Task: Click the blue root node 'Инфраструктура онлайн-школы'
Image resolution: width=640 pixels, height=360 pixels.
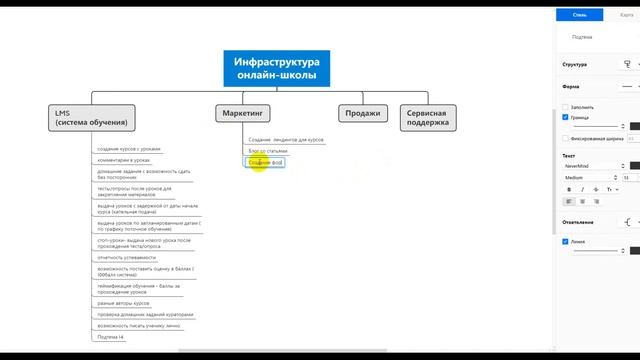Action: [277, 66]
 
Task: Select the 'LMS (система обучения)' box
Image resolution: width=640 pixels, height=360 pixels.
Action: [91, 117]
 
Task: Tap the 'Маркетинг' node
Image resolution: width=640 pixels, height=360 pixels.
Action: [243, 113]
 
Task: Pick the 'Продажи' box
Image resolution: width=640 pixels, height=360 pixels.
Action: [363, 113]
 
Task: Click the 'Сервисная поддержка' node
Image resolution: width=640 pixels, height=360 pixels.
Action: [427, 117]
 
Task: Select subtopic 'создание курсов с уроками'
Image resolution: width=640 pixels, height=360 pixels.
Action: [130, 148]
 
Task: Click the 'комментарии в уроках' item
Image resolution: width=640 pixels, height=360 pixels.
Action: [124, 159]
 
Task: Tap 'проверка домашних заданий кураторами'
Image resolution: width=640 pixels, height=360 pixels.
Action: [145, 314]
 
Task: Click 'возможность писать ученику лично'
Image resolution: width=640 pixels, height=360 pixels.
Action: [139, 325]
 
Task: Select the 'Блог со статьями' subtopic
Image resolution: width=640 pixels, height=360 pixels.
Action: [268, 150]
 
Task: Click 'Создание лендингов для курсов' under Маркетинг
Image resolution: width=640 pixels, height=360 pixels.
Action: [286, 139]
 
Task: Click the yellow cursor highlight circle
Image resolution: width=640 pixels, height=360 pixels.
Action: [260, 162]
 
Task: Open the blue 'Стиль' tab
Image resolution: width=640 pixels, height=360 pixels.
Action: [581, 14]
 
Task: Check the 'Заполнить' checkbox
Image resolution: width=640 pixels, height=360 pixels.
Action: [566, 107]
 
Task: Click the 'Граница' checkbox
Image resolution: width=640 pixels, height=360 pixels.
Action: [566, 117]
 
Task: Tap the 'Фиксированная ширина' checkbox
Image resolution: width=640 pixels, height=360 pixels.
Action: [566, 138]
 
